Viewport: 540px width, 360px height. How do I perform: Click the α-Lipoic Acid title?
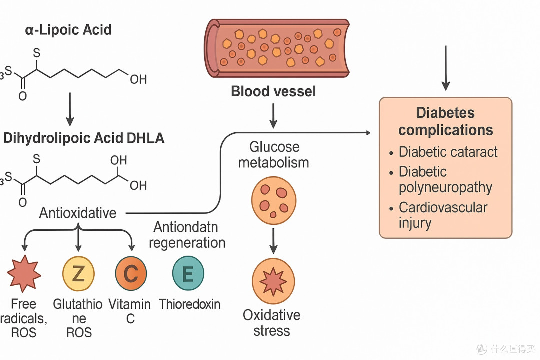tap(68, 30)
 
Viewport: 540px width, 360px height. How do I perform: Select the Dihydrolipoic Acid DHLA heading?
tap(83, 138)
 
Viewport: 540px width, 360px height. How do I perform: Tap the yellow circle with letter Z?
tap(78, 274)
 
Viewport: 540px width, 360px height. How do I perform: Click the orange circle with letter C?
tap(131, 274)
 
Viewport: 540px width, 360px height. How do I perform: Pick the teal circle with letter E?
tap(188, 273)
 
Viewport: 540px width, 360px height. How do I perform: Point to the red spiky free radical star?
tap(24, 274)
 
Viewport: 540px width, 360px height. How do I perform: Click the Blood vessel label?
tap(273, 91)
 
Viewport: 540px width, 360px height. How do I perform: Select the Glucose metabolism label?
tap(274, 155)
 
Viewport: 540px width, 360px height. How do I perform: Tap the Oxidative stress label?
tap(271, 323)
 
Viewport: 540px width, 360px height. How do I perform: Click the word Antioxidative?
tap(78, 213)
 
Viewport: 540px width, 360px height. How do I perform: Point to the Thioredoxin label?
tap(190, 304)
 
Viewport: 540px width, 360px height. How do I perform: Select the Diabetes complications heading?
tap(446, 121)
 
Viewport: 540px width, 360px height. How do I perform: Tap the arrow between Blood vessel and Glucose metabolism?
tap(273, 116)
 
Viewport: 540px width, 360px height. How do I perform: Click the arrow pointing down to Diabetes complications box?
tap(446, 68)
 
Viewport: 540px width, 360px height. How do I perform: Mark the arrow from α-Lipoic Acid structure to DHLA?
tap(70, 109)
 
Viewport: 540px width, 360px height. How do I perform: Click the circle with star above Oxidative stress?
tap(274, 281)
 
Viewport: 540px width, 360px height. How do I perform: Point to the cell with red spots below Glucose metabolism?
tap(274, 201)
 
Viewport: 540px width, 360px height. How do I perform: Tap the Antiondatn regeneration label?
tap(187, 235)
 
